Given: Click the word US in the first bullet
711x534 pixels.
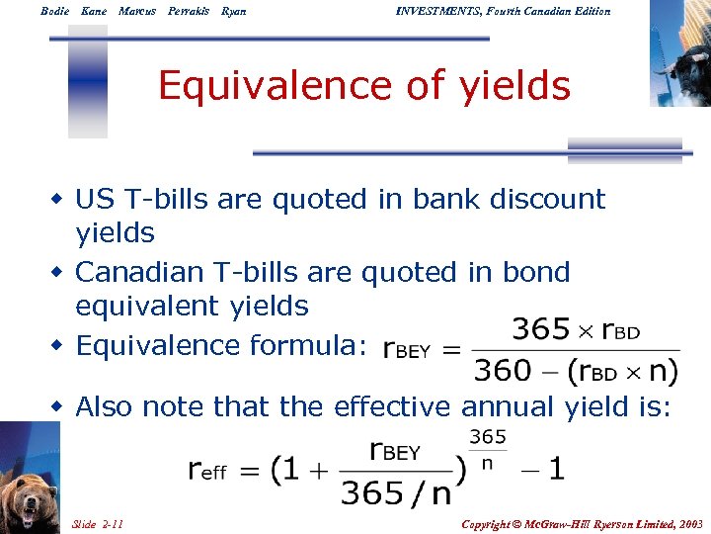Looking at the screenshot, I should pos(96,199).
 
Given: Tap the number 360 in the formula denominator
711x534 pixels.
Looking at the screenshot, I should pos(504,371).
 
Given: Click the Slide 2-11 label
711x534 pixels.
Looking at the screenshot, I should pos(98,522).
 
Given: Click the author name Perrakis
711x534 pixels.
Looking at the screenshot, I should pos(189,11).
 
